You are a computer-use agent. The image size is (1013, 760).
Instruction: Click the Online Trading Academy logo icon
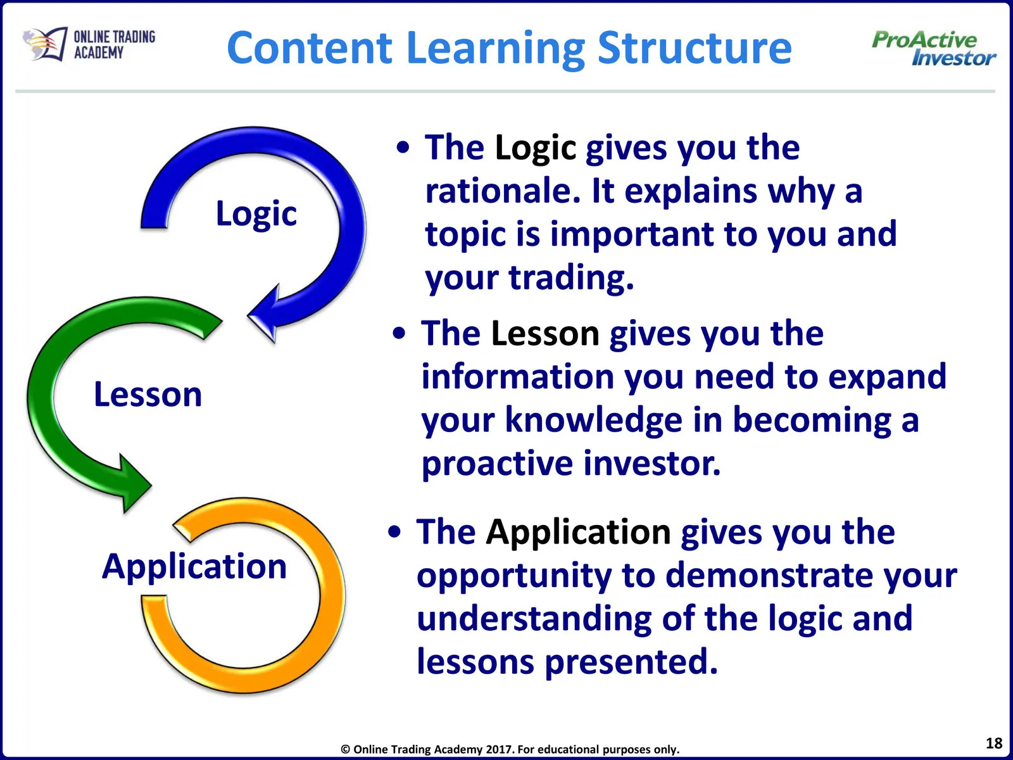[x=45, y=43]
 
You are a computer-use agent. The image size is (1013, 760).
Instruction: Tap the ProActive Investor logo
[x=934, y=49]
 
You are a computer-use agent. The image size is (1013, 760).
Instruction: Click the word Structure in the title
[x=695, y=48]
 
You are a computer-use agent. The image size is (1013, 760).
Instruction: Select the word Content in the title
[x=310, y=48]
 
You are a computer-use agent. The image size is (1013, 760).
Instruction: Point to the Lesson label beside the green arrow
[x=148, y=395]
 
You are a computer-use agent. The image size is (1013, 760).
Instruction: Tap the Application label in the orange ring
[x=194, y=567]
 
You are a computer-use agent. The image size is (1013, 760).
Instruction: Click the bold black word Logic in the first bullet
[x=536, y=149]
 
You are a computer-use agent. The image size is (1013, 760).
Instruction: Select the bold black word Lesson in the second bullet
[x=545, y=333]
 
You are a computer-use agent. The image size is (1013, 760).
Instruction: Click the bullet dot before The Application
[x=394, y=532]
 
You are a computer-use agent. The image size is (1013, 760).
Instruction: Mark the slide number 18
[x=994, y=743]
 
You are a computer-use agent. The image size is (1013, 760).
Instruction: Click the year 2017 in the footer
[x=500, y=749]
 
